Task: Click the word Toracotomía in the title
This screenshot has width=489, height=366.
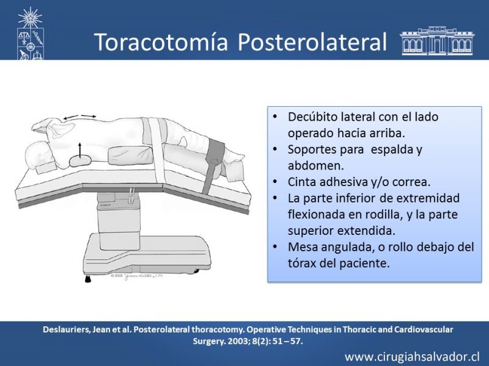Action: click(x=161, y=41)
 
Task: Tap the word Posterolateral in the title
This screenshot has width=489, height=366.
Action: click(x=312, y=41)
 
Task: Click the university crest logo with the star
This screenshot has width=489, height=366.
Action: click(x=30, y=34)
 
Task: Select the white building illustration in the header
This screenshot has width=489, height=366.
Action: click(x=437, y=41)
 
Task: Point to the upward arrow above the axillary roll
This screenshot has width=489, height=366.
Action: click(x=80, y=150)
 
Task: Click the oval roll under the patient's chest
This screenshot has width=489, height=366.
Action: click(x=80, y=160)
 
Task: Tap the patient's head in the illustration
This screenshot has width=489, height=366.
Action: click(x=38, y=156)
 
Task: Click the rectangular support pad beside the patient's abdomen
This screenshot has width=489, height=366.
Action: click(x=131, y=154)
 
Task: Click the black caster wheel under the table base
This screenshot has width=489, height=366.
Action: click(x=88, y=279)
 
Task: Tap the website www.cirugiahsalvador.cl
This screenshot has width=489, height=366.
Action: click(x=412, y=357)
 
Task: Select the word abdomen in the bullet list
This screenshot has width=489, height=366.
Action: click(x=315, y=165)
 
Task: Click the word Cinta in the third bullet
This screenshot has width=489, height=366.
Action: click(x=300, y=182)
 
